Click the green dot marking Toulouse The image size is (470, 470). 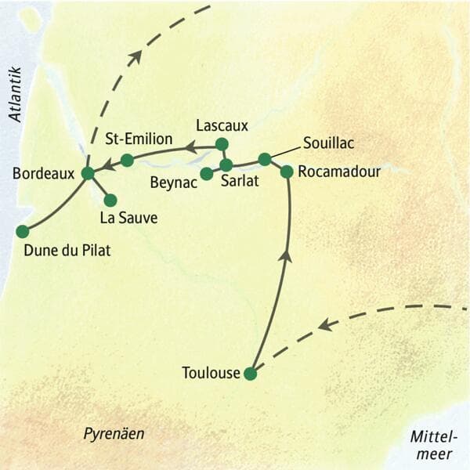pos(250,374)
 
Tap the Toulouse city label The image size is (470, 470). pos(211,374)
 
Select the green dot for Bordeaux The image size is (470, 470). pos(88,172)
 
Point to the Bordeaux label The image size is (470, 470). pos(44,172)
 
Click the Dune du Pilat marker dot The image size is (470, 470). pos(22,231)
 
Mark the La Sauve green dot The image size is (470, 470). pos(110,200)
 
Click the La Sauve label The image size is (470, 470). pos(128,219)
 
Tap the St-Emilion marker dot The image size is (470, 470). pos(127,160)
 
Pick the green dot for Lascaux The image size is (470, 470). pos(222,143)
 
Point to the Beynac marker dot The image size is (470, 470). pos(206,173)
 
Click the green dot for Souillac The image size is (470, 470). pos(265,159)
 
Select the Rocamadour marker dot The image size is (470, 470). pos(287,171)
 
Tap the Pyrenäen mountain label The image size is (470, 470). pos(114,433)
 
